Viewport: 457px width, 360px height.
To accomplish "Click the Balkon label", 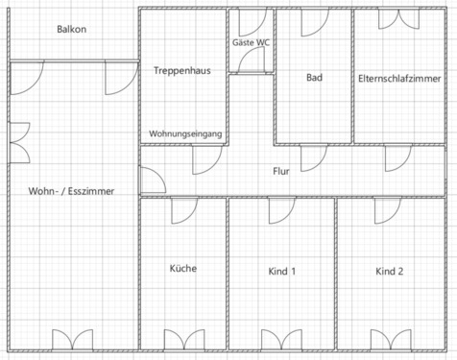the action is (71, 30).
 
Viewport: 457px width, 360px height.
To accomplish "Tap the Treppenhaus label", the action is (181, 71).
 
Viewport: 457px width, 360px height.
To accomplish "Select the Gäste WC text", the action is (251, 43).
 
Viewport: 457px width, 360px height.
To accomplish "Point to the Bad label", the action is (314, 77).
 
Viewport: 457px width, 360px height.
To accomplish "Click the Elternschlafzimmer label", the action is (398, 77).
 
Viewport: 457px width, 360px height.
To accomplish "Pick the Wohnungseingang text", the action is (186, 133).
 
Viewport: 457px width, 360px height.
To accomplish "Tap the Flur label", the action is (281, 171).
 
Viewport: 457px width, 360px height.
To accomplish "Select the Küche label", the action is (182, 269).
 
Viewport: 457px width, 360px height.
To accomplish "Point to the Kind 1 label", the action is (282, 272).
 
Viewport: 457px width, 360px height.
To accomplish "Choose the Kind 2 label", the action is (390, 272).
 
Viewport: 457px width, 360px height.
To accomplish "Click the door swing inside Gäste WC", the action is (253, 60).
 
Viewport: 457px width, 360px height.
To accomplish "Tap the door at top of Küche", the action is (183, 210).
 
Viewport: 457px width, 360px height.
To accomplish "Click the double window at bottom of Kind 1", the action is (282, 339).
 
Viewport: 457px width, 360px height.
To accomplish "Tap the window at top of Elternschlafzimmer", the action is (398, 19).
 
